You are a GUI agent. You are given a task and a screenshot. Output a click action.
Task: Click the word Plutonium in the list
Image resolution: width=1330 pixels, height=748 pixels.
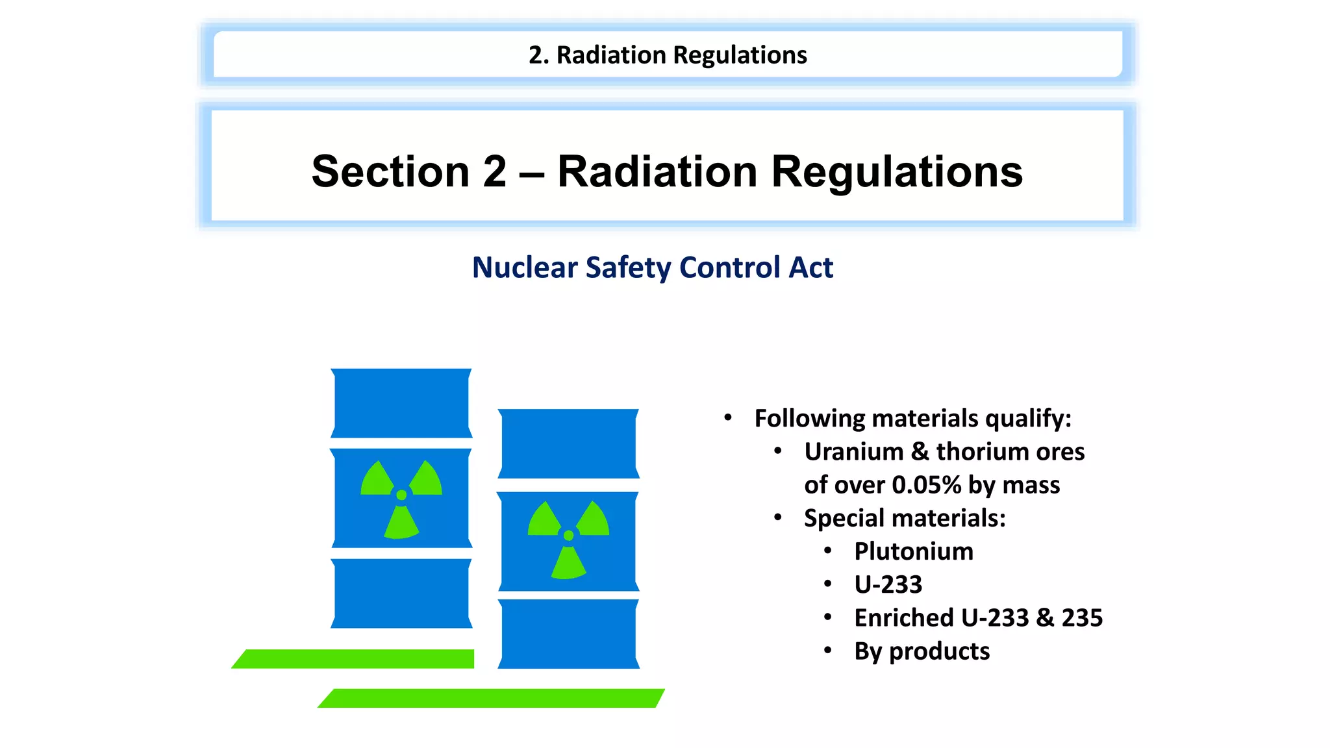coord(913,551)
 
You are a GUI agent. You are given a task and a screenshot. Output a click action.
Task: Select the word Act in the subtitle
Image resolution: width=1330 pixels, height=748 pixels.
coord(810,268)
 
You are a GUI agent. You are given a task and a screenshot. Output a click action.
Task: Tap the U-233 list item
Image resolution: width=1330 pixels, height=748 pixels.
coord(888,584)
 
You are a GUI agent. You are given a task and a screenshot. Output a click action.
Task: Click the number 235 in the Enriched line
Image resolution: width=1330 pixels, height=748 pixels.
coord(1082,617)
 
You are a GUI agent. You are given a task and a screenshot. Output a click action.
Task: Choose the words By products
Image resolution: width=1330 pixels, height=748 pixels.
coord(922,651)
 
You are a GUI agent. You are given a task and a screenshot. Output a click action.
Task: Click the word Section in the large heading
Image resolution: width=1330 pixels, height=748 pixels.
coord(390,171)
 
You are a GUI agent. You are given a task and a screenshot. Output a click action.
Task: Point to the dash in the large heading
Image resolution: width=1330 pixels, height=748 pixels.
coord(531,173)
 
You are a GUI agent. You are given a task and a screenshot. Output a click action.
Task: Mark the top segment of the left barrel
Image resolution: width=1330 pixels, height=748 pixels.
coord(401,403)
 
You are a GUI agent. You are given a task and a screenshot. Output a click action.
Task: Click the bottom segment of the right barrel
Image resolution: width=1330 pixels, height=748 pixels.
coord(568,634)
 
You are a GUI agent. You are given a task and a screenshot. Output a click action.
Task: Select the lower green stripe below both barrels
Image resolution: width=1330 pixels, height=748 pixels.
coord(491,698)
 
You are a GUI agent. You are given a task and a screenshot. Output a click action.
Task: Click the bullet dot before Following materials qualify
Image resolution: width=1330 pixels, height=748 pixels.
coord(728,418)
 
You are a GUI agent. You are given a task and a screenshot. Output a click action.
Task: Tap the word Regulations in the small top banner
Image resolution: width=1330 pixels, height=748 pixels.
coord(740,55)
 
